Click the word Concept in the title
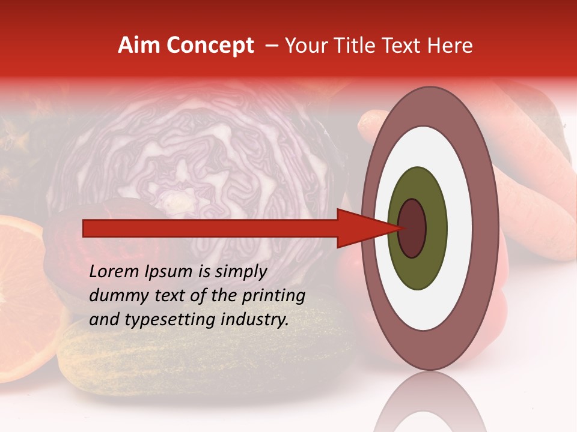pos(210,46)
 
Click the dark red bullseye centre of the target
pos(412,228)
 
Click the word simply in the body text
pos(240,272)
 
